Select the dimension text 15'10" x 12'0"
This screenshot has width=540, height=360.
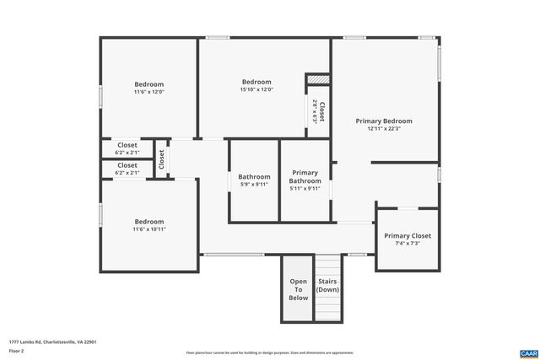[256, 90]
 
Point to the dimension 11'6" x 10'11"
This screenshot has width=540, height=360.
[148, 228]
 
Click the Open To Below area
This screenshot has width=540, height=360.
[299, 289]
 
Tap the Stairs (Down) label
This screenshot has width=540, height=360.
[327, 285]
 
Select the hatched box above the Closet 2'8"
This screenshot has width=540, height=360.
[316, 79]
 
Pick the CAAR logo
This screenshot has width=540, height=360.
[528, 352]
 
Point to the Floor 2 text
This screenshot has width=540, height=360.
[16, 350]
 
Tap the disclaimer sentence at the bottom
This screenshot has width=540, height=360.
[270, 352]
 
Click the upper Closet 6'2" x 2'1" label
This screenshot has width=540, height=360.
[127, 145]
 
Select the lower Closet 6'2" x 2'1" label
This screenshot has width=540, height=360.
[127, 165]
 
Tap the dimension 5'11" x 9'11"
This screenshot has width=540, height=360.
[305, 189]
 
